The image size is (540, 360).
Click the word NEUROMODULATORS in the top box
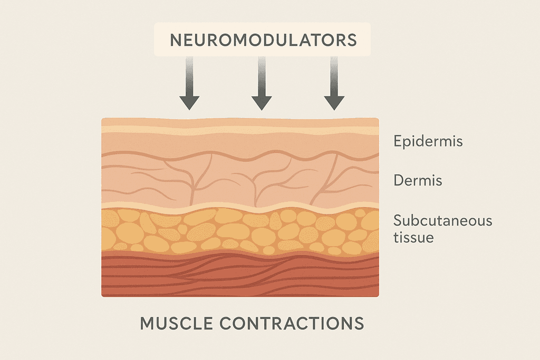[x=263, y=40]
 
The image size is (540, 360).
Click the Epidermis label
[x=428, y=142]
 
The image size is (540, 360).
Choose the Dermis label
[x=418, y=181]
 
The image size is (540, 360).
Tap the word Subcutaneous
[x=442, y=220]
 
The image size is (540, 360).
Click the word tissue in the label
[x=413, y=238]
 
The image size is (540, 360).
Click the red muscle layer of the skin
[x=240, y=277]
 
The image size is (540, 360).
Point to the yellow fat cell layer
[x=240, y=232]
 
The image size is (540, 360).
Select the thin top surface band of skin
[x=240, y=122]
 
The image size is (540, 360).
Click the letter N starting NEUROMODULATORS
[x=174, y=40]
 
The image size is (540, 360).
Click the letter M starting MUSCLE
[x=147, y=323]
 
